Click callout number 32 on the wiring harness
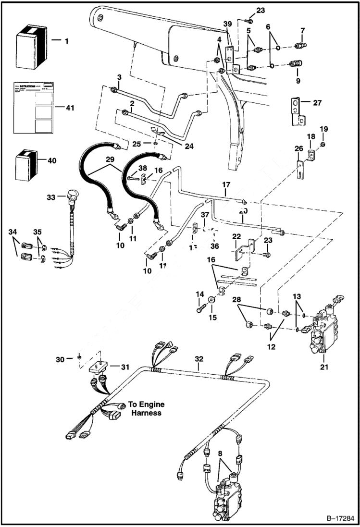[x=199, y=359]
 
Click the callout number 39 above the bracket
[x=227, y=25]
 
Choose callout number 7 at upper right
[x=302, y=31]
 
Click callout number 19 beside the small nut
[x=324, y=129]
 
